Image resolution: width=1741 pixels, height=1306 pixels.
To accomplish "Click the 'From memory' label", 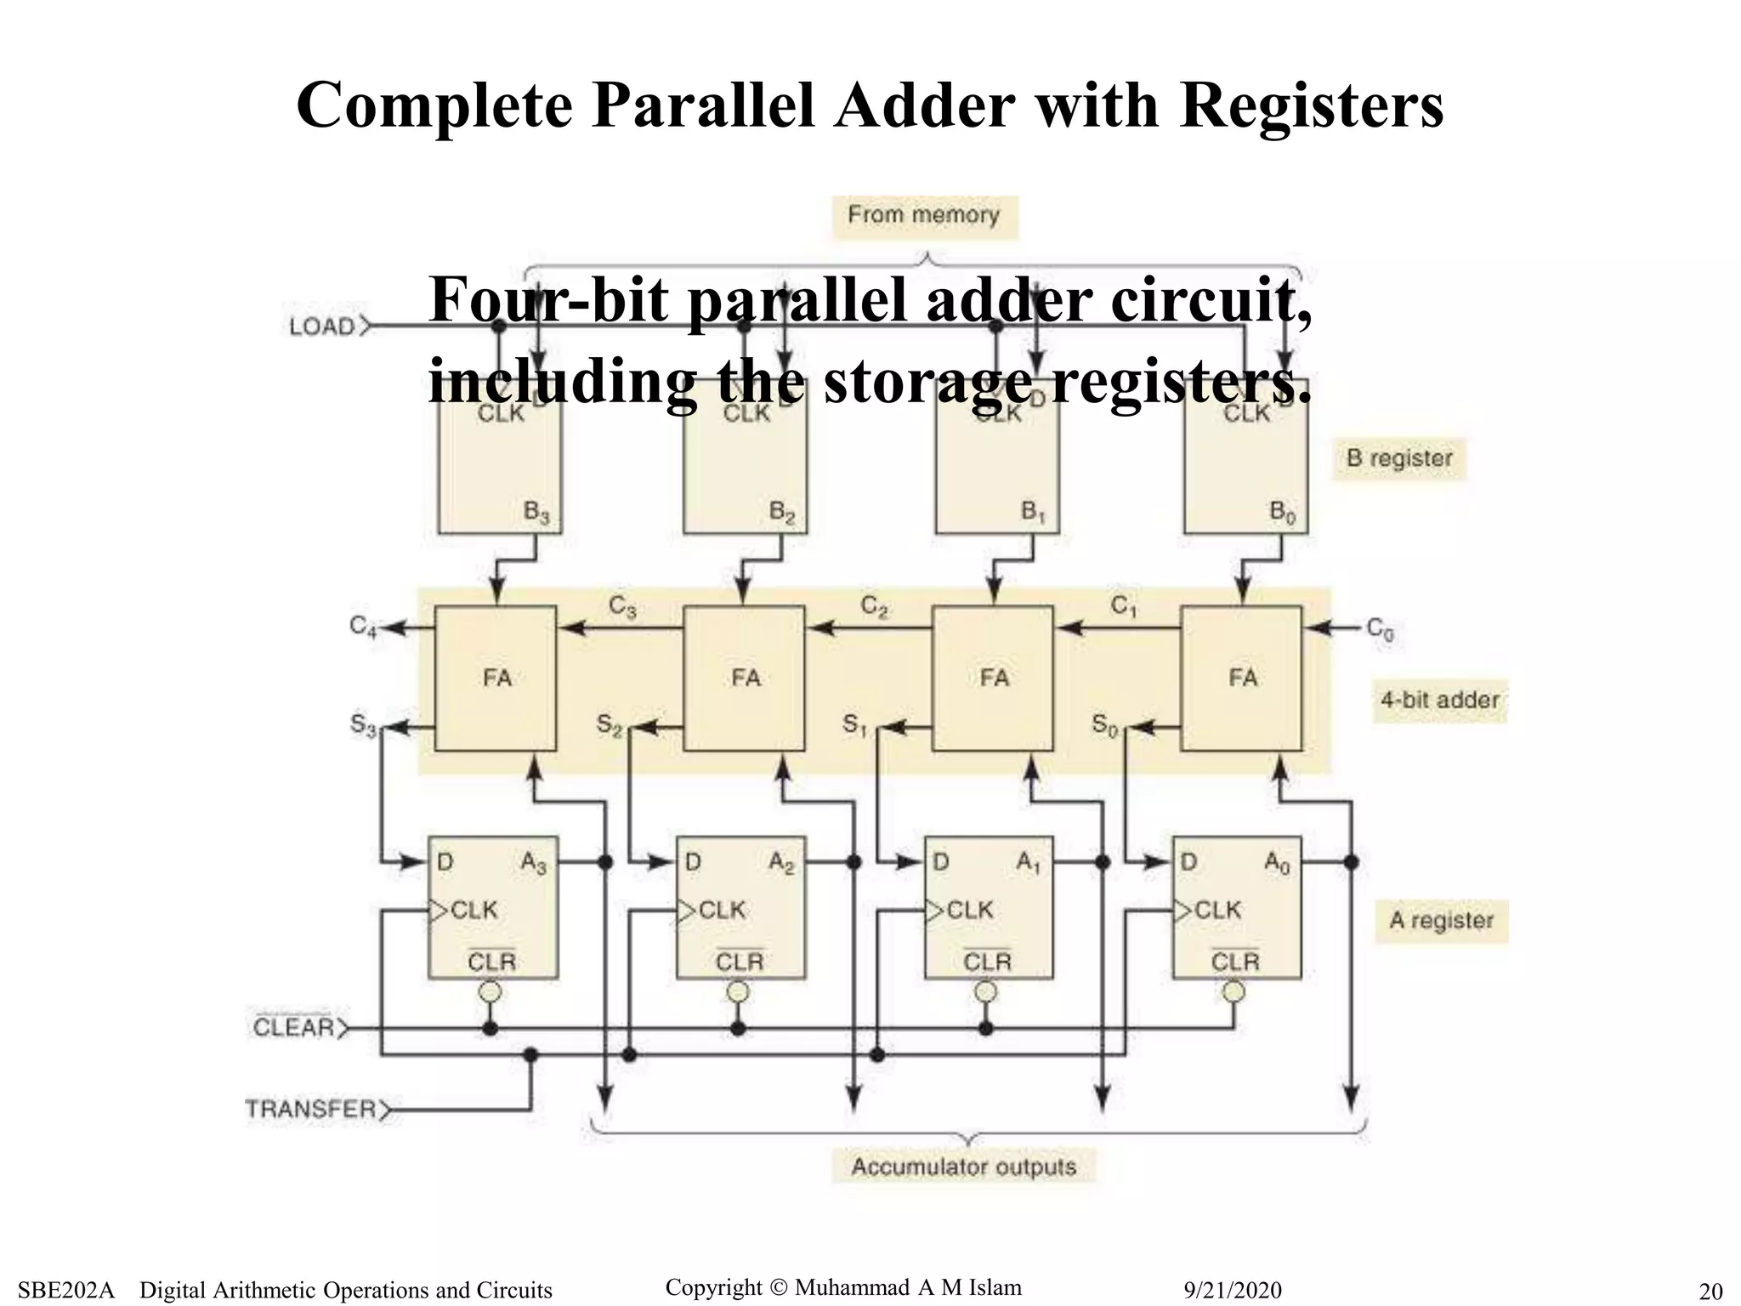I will click(x=924, y=215).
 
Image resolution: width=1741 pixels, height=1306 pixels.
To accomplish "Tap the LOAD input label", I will click(x=322, y=326).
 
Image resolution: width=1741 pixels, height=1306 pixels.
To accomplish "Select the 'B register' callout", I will click(x=1399, y=459).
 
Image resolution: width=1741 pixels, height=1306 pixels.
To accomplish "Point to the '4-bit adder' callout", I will click(x=1439, y=701).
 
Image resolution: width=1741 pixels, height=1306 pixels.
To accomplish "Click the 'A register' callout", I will click(x=1442, y=921).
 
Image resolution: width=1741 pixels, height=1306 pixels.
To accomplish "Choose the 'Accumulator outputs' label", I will click(x=963, y=1167).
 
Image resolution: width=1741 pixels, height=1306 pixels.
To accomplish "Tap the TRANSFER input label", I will click(x=311, y=1110).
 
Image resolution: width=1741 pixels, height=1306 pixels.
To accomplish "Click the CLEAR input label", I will click(x=294, y=1027).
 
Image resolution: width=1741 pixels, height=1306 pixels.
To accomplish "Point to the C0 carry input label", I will click(x=1380, y=630).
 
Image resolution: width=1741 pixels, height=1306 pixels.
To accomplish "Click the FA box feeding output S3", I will click(x=496, y=679).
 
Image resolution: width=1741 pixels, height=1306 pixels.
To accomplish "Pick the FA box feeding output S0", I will click(x=1241, y=679).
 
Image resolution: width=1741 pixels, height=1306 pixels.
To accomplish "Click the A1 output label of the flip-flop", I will click(x=1029, y=864).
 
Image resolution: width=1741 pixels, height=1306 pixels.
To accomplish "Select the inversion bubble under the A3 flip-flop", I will click(x=491, y=992).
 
